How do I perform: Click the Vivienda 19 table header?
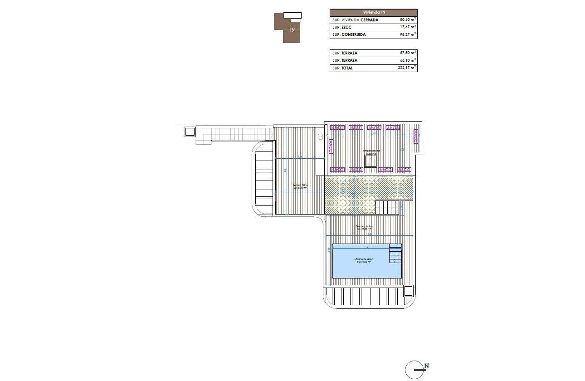(373, 12)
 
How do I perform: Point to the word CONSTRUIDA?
(353, 34)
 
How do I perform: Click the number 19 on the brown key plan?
(292, 30)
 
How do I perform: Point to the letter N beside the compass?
(427, 366)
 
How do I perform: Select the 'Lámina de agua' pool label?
(364, 260)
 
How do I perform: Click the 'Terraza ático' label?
(300, 186)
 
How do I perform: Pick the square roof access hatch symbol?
(371, 161)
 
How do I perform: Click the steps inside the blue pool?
(395, 254)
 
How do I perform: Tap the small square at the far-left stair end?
(190, 132)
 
